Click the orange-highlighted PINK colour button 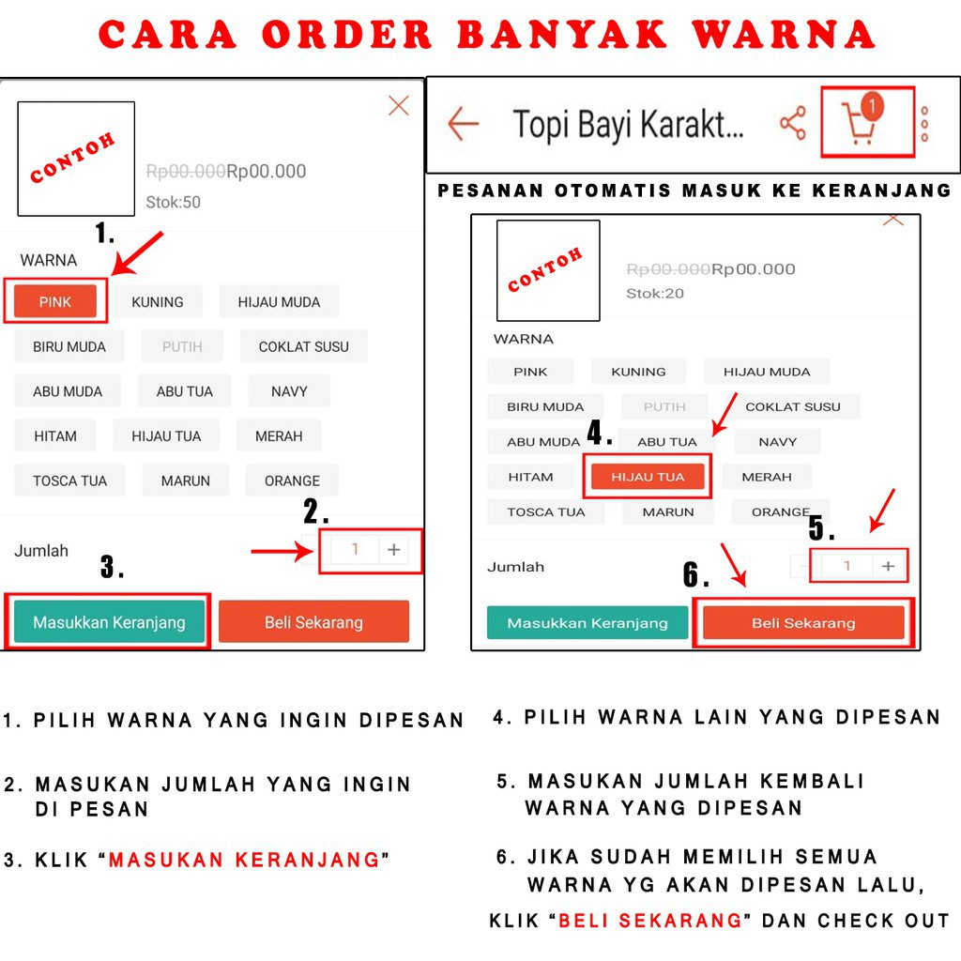(55, 301)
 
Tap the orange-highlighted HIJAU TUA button (648, 477)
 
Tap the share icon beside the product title (793, 123)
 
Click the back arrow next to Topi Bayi (463, 123)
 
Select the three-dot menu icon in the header (925, 124)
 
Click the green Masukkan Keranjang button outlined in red (109, 622)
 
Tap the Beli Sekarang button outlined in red (803, 623)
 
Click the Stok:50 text (173, 202)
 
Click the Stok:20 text (655, 294)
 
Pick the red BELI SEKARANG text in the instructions (650, 921)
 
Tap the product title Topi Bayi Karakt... (628, 124)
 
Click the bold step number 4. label (600, 434)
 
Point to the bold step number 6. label (695, 574)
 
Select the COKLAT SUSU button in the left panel (303, 346)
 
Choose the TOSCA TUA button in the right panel (545, 512)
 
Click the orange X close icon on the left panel (399, 106)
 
